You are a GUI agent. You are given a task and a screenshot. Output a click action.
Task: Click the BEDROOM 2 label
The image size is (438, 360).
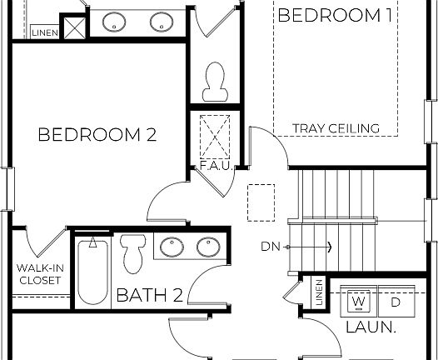point(97,134)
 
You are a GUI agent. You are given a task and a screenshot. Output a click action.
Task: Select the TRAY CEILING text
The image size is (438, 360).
point(336,128)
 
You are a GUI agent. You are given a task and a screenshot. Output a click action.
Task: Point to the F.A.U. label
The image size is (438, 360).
point(213,166)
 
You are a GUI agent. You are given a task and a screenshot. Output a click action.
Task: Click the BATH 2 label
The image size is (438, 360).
point(149,295)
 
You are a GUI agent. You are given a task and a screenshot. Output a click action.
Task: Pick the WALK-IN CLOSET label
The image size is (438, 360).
point(39,274)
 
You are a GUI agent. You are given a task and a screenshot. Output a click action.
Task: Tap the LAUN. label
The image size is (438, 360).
point(371,327)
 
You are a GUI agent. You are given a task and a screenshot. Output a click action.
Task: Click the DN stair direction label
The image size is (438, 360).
point(271,247)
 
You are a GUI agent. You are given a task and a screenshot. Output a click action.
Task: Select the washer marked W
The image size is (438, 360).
point(359,301)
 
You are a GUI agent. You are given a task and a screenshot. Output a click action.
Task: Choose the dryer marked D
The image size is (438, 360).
point(396,301)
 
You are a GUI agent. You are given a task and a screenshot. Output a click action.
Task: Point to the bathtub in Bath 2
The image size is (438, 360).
point(92,272)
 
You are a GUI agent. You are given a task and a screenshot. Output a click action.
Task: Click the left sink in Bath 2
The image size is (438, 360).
point(172,247)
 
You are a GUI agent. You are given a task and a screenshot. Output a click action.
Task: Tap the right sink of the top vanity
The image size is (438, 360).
point(160,22)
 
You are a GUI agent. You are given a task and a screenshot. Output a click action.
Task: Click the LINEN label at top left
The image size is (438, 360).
point(43,32)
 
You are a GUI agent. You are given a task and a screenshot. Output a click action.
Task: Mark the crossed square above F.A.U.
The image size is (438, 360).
point(214,132)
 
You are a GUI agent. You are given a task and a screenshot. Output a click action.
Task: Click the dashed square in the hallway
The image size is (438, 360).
point(261,202)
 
